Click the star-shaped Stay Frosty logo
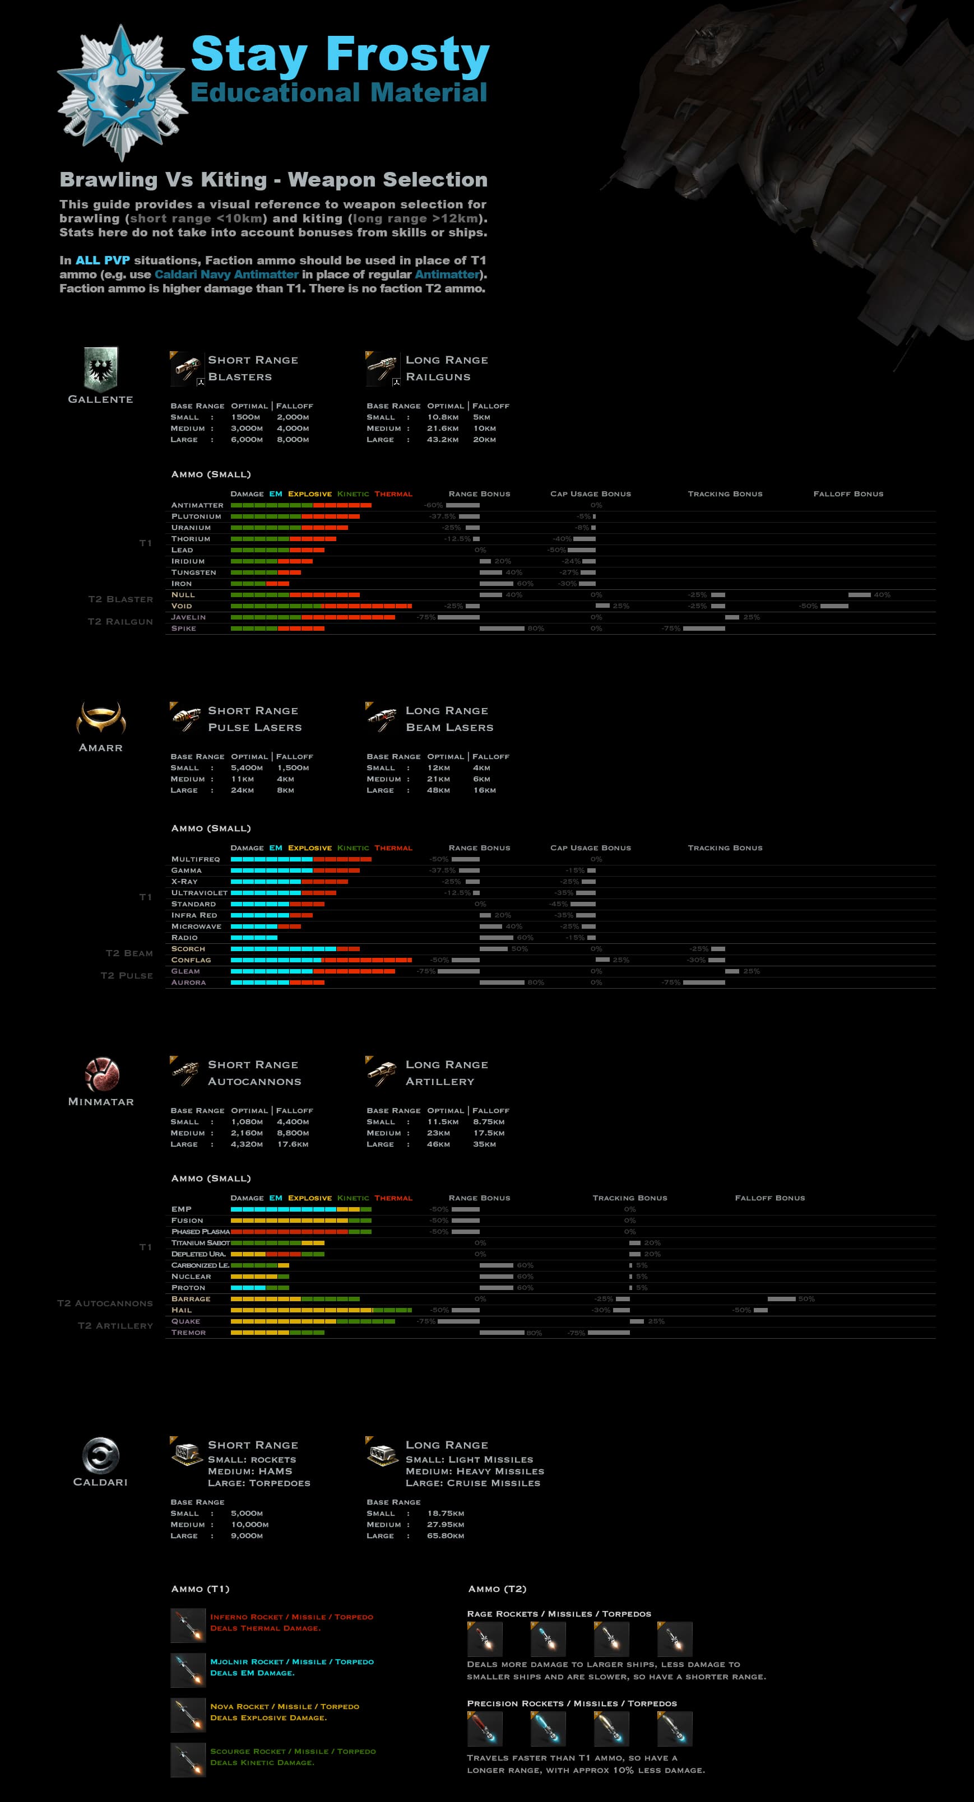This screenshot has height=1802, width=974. [122, 92]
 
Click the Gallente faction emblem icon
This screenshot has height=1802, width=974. [101, 368]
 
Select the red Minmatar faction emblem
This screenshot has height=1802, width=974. [101, 1074]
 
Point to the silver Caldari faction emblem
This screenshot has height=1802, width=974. [101, 1455]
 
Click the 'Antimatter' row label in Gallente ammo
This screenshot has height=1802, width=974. [197, 505]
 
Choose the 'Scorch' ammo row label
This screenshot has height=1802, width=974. [188, 948]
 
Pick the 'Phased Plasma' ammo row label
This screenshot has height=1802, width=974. [200, 1231]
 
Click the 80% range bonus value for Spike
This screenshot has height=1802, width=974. [536, 628]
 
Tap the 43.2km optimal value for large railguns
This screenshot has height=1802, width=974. [443, 439]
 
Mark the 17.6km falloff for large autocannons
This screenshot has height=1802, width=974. [293, 1144]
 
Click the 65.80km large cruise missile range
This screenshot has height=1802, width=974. [446, 1535]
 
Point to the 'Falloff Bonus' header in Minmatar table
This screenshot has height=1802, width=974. [769, 1198]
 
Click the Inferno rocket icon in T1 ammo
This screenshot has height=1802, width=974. [188, 1625]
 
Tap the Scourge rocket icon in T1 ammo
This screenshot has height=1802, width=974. [188, 1759]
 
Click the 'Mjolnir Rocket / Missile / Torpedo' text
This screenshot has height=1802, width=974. [292, 1661]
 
